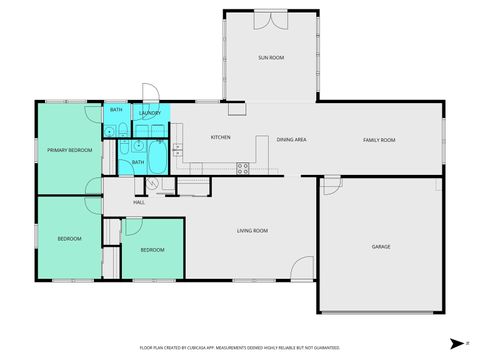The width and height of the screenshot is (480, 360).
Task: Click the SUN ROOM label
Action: pyautogui.click(x=271, y=58)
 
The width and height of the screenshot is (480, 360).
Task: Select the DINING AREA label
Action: pyautogui.click(x=292, y=140)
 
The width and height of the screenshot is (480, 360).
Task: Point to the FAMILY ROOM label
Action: pyautogui.click(x=379, y=140)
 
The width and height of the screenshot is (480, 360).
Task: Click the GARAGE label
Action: pyautogui.click(x=381, y=246)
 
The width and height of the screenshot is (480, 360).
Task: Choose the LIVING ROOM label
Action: pyautogui.click(x=252, y=231)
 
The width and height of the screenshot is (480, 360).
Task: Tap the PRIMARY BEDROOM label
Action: pyautogui.click(x=70, y=150)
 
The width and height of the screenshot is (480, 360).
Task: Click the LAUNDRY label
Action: pyautogui.click(x=150, y=113)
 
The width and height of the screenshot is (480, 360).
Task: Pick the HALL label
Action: pyautogui.click(x=139, y=203)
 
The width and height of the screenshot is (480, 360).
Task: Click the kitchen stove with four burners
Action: pyautogui.click(x=242, y=165)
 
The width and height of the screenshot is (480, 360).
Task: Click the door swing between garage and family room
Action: pyautogui.click(x=331, y=182)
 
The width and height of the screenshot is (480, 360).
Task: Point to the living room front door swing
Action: pyautogui.click(x=300, y=267)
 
